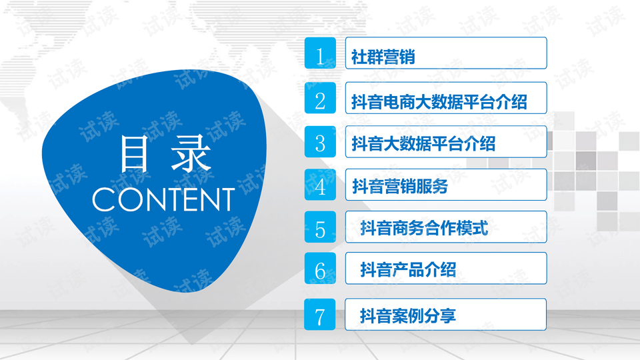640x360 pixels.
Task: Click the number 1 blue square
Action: [320, 53]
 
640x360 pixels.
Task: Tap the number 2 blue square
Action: [320, 98]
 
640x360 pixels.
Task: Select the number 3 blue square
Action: [320, 141]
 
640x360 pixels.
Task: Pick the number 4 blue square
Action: [320, 185]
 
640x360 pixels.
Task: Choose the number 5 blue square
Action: [320, 227]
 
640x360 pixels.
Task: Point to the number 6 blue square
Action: [320, 268]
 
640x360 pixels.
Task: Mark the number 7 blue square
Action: [319, 314]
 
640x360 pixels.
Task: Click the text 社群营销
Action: [383, 57]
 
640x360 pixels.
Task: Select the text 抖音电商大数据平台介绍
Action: [439, 101]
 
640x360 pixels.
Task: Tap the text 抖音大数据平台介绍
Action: [424, 144]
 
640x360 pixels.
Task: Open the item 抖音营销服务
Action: [400, 186]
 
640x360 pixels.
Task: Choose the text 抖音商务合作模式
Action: [424, 228]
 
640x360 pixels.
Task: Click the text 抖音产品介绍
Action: [408, 270]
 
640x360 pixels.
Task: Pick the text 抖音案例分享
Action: [408, 316]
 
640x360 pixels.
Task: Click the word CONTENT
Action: [163, 199]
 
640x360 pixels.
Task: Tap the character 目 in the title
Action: [133, 154]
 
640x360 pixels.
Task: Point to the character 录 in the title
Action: [191, 154]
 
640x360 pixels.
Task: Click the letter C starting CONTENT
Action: [103, 199]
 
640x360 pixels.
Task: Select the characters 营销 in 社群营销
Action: [399, 57]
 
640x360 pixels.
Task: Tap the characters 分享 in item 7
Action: [440, 316]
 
